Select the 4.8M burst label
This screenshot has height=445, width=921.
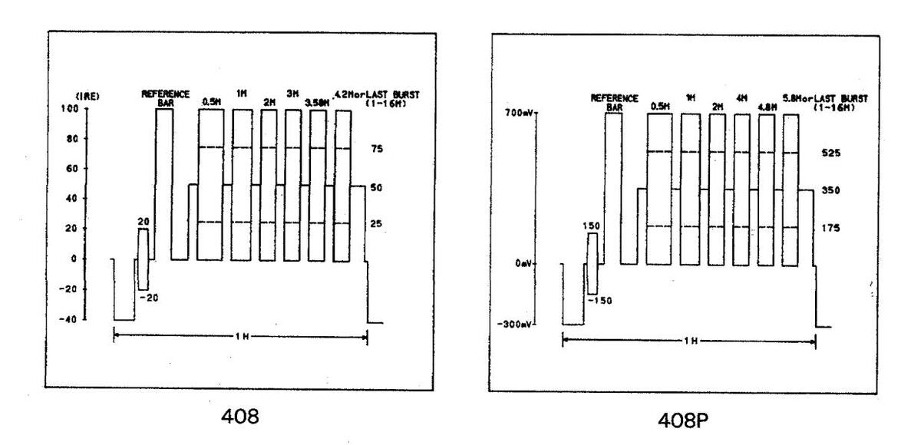tap(767, 107)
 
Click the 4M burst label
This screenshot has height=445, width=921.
tap(742, 99)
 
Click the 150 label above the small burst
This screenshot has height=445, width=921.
tap(592, 226)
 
